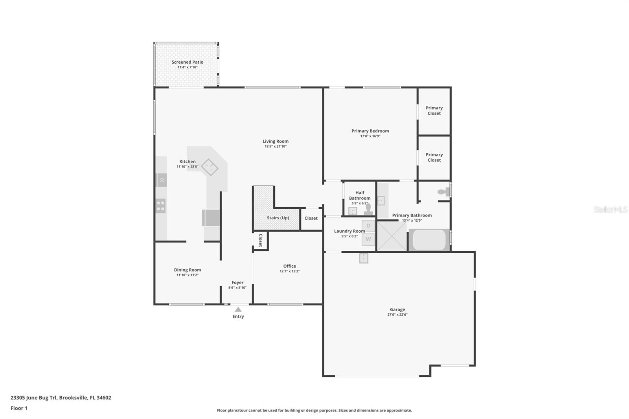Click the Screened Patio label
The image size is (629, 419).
click(188, 62)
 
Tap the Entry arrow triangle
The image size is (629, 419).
click(238, 310)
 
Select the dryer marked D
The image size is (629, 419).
click(368, 226)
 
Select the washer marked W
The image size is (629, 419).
click(368, 239)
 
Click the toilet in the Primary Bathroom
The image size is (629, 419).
click(444, 192)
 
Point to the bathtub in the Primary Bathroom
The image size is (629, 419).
click(429, 240)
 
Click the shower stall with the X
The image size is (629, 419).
click(392, 236)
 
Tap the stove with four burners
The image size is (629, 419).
click(160, 206)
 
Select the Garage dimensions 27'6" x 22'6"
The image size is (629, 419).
click(397, 315)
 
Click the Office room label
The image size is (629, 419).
click(290, 266)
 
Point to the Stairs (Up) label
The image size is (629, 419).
click(278, 218)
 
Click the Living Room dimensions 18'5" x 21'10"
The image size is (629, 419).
click(276, 147)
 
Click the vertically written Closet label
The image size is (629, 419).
click(261, 241)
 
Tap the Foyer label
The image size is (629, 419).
click(237, 283)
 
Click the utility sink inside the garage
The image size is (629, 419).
click(364, 258)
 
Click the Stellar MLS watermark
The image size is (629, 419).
click(610, 210)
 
